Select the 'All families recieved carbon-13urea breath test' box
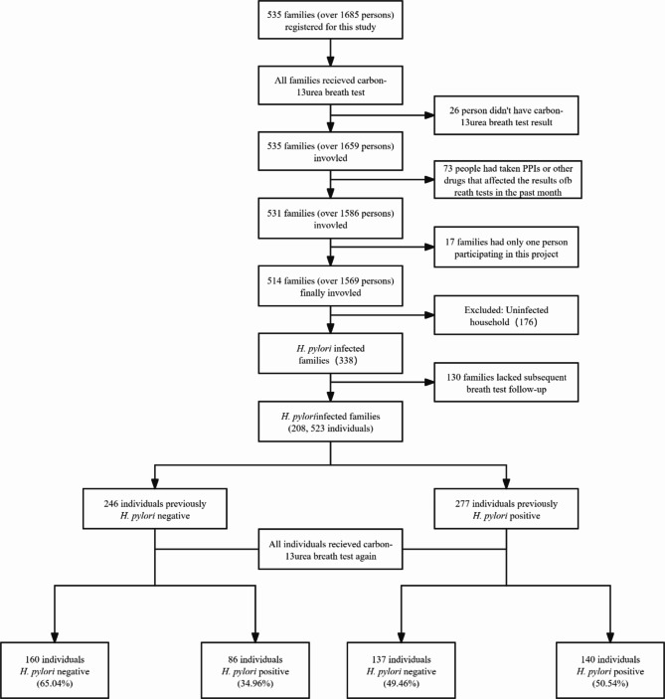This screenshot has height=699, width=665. [329, 87]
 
